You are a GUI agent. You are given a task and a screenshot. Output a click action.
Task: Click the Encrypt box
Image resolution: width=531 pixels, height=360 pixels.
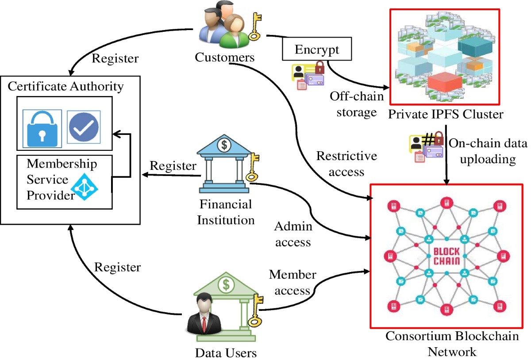pos(317,49)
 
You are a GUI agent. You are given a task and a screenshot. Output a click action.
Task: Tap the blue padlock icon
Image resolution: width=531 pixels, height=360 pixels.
pos(42,129)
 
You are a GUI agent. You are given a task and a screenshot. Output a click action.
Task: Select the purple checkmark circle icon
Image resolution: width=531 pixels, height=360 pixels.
pos(84,126)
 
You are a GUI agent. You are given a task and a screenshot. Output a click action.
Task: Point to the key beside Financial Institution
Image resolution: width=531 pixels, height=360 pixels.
pos(254,167)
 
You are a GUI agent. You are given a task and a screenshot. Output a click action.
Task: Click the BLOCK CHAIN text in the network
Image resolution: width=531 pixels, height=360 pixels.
pos(446,256)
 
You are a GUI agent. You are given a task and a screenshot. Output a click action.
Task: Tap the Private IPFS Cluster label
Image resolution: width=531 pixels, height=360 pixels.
pos(446,115)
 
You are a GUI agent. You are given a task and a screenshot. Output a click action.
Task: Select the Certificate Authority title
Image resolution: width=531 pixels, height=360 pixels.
pos(66,86)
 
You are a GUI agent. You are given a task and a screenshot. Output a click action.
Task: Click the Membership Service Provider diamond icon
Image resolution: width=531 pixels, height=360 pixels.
pos(85,187)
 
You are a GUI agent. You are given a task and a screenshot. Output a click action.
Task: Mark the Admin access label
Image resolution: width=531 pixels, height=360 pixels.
pos(293,234)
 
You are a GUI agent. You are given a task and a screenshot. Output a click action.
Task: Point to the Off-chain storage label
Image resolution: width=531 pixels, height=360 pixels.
pos(356,104)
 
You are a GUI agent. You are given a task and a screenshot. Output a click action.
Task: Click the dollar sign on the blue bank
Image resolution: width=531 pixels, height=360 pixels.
pos(225,144)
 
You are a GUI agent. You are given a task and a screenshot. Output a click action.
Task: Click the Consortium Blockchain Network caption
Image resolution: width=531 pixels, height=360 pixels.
pos(452,344)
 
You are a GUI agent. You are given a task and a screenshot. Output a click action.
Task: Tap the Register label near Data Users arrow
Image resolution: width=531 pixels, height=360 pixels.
pos(118,267)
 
